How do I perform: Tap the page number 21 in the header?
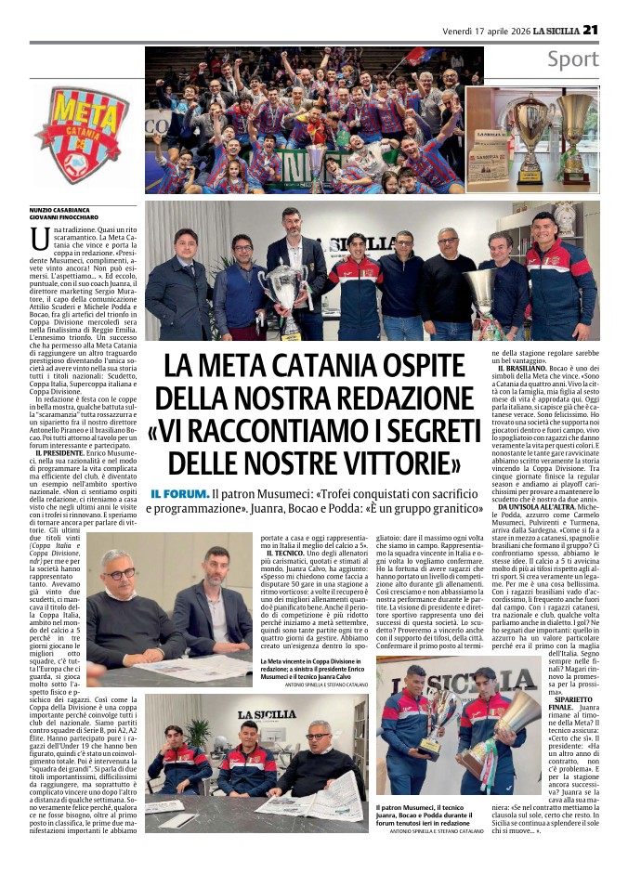tap(591, 30)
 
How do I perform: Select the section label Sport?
tap(572, 60)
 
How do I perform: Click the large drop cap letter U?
tap(40, 239)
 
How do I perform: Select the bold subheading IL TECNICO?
tap(280, 553)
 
